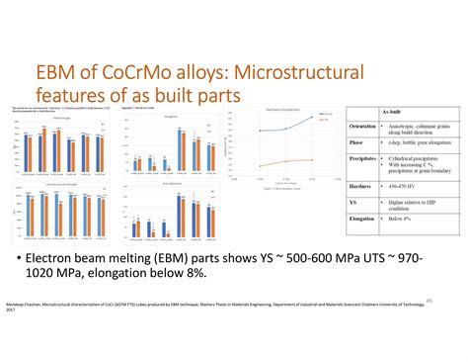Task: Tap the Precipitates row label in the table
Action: click(x=362, y=158)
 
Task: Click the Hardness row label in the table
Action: click(x=359, y=185)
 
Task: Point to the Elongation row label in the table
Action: click(x=361, y=221)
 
